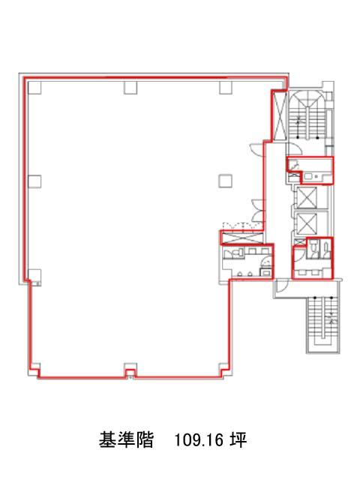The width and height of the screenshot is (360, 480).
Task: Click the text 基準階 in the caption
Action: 126,440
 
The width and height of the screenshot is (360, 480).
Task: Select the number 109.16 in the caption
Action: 198,440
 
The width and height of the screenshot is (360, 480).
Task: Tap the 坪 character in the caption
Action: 238,440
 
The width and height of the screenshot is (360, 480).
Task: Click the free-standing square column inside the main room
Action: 225,181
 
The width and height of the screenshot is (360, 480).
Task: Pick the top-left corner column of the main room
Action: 34,88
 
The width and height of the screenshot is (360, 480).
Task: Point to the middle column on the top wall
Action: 130,88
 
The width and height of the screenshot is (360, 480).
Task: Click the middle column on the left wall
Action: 34,181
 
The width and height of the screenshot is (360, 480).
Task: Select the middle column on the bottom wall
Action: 130,370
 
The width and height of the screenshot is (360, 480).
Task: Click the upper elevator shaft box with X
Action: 307,196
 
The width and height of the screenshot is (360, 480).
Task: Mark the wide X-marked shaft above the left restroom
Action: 241,238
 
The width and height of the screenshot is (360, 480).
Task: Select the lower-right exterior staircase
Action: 323,325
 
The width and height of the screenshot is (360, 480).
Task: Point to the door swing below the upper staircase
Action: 295,149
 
